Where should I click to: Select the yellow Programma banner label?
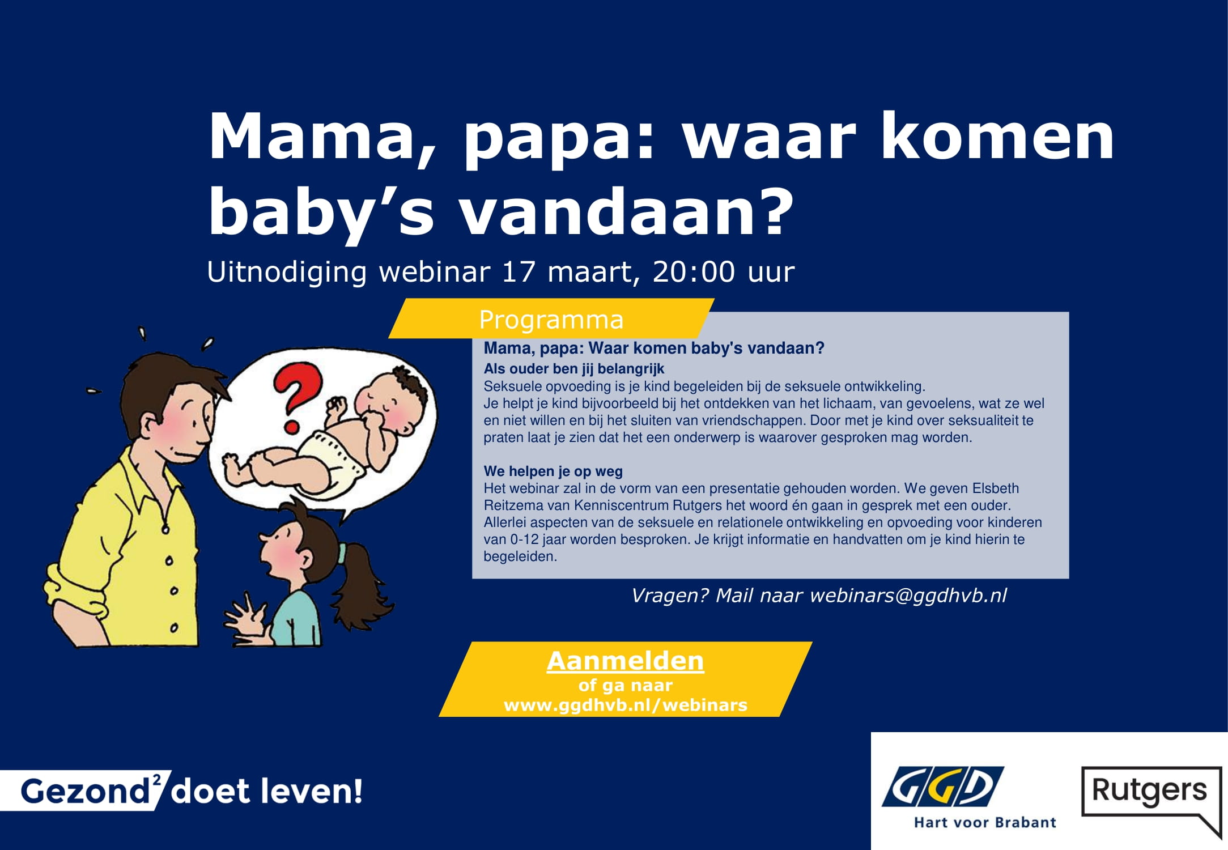551,319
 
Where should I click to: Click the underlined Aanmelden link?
625,661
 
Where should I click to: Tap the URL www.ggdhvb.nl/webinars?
625,705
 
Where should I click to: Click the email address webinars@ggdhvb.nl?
908,596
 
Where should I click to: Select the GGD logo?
943,787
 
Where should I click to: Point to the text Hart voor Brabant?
985,822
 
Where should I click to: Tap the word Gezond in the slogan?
85,791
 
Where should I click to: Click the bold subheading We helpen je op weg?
553,471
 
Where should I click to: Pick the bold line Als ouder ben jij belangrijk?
573,369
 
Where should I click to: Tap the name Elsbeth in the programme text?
995,488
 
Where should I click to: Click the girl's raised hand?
244,617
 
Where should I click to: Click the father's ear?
150,425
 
